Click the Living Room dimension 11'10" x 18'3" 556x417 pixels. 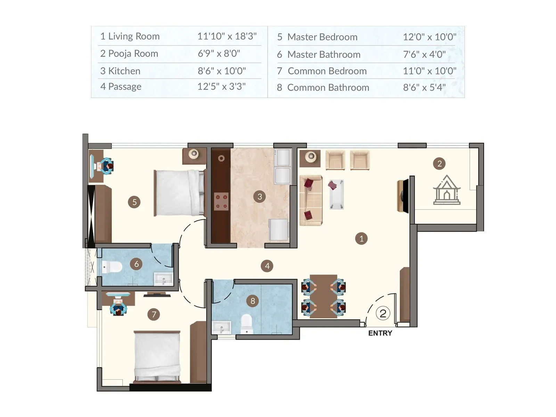227,36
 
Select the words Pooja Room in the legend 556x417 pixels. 133,54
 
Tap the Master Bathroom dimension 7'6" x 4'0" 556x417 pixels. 424,54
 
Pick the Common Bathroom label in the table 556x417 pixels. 328,88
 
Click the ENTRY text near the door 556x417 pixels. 380,333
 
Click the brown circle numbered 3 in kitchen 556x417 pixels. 260,197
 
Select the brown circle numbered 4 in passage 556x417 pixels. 267,266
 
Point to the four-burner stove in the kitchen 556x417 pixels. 221,202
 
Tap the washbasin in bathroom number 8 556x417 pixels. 221,327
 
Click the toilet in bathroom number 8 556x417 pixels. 246,324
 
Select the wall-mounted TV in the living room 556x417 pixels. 403,196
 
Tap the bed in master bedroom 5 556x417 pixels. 179,193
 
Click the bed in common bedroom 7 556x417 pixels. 157,357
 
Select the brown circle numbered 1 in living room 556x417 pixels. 361,239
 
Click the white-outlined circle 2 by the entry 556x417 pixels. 383,313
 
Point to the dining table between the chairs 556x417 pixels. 323,296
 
